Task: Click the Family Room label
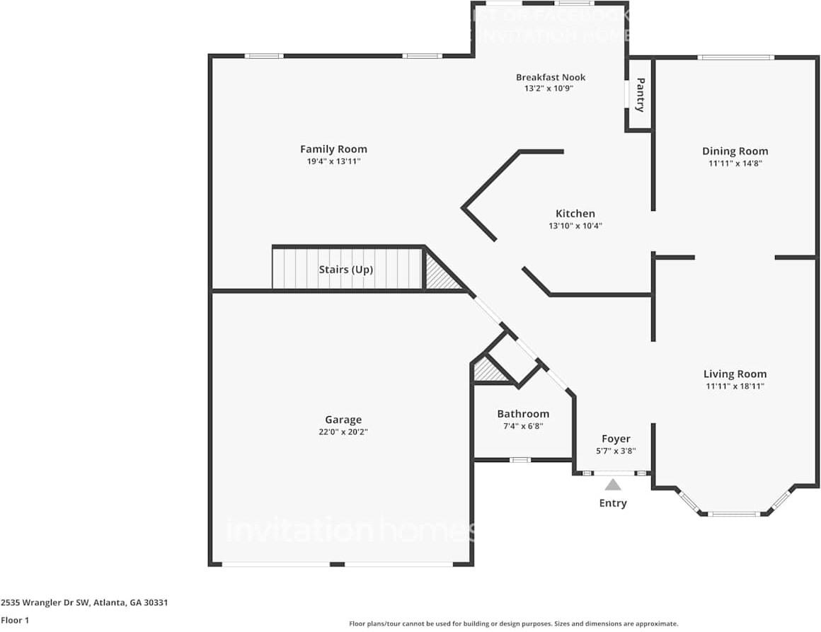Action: tap(333, 149)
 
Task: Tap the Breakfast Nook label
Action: tap(550, 77)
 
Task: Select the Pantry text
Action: tap(640, 95)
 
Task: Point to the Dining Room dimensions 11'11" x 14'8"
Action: tap(735, 163)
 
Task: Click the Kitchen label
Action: tap(575, 214)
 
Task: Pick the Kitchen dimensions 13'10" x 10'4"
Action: tap(575, 226)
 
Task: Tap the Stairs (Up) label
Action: tap(346, 270)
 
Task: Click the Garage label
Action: tap(343, 420)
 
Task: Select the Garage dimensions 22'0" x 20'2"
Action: tap(343, 432)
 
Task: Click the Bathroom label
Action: tap(522, 414)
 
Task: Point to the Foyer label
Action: tap(615, 439)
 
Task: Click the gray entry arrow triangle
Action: tap(613, 486)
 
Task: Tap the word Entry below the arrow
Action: tap(613, 503)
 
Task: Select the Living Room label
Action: tap(735, 374)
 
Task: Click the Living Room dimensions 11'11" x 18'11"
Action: tap(735, 386)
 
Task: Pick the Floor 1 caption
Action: tap(16, 621)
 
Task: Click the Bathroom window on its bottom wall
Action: tap(520, 460)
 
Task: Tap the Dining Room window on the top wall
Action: tap(735, 57)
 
